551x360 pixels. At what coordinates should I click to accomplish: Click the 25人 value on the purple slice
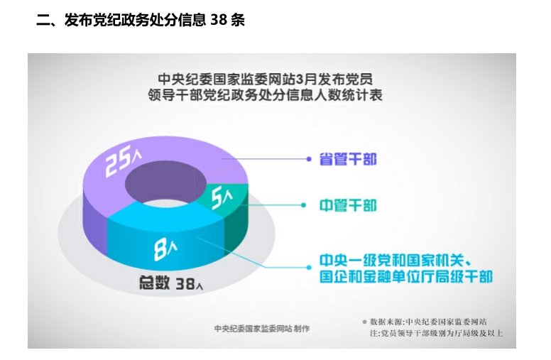(x=123, y=160)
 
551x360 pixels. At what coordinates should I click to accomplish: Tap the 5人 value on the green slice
(x=222, y=197)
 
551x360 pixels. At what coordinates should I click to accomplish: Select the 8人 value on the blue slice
(x=165, y=249)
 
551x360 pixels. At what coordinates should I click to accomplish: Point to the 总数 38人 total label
(x=171, y=283)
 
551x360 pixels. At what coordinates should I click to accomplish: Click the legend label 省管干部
(x=348, y=159)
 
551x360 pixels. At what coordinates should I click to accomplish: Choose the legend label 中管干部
(x=348, y=205)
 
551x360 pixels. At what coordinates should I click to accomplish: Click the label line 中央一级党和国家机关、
(x=395, y=261)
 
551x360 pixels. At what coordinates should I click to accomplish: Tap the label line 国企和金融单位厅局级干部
(x=406, y=276)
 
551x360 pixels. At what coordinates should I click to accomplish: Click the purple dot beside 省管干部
(x=309, y=159)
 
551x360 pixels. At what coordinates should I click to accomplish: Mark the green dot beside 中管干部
(x=304, y=205)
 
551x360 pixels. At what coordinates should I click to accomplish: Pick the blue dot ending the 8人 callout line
(x=309, y=267)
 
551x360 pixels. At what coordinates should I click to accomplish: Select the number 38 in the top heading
(x=219, y=20)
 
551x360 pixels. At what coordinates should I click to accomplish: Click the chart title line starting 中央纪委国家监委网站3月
(x=266, y=80)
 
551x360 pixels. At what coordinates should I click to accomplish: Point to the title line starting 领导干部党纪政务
(x=266, y=95)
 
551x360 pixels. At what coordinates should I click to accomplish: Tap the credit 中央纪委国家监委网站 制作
(x=262, y=329)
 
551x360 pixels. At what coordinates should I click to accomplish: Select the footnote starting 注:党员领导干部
(x=436, y=333)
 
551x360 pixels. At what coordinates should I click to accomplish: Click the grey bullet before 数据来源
(x=364, y=322)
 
